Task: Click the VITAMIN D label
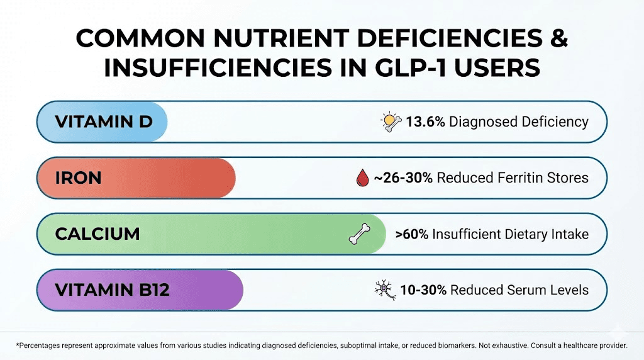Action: pyautogui.click(x=104, y=121)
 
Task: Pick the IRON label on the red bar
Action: pyautogui.click(x=78, y=177)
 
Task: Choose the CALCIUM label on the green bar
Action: pyautogui.click(x=97, y=234)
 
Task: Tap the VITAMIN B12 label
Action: pyautogui.click(x=113, y=290)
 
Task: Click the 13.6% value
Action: pyautogui.click(x=425, y=121)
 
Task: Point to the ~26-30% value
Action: pyautogui.click(x=403, y=178)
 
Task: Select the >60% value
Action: pyautogui.click(x=412, y=234)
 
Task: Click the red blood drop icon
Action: pyautogui.click(x=361, y=179)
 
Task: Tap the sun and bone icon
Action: pyautogui.click(x=391, y=121)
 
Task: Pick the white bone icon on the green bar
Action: pyautogui.click(x=360, y=235)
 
